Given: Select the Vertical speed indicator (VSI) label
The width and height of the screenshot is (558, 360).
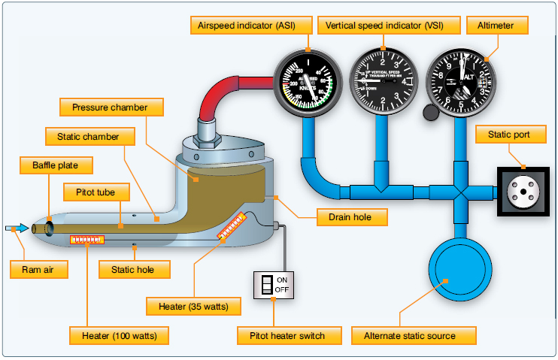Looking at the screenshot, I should tap(384, 26).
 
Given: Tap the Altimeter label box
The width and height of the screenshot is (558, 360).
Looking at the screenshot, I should tap(496, 26).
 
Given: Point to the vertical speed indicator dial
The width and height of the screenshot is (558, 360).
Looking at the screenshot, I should tap(384, 78).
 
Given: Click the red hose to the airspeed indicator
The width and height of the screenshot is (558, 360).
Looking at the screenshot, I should tap(226, 86).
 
